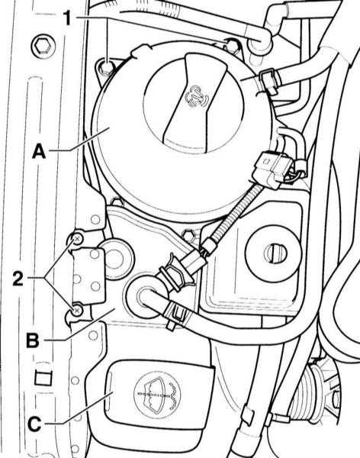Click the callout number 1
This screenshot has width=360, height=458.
67,18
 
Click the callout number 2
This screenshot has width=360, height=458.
18,278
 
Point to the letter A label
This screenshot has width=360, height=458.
39,151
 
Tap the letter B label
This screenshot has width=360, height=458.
33,340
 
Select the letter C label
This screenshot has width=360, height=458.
34,424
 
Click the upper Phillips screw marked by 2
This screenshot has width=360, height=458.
77,240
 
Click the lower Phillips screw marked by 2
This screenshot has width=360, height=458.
77,311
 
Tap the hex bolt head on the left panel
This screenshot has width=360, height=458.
43,47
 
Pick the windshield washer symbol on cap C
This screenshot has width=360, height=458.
158,395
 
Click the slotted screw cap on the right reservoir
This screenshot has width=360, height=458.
274,253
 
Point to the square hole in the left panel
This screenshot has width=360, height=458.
43,377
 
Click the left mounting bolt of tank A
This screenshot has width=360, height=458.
108,67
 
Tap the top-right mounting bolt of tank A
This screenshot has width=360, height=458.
233,45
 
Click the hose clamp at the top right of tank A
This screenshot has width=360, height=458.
269,80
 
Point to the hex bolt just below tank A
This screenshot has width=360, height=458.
189,235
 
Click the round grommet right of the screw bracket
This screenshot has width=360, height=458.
116,258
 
